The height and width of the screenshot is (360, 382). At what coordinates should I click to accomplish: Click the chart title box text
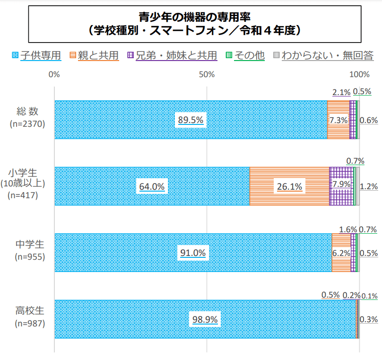194,24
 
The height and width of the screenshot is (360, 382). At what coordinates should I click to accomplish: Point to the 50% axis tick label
207,74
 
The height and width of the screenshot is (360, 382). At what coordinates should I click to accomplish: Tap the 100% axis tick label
362,74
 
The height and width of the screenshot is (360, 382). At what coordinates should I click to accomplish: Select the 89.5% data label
191,120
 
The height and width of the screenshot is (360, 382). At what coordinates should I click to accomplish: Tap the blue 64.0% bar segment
151,186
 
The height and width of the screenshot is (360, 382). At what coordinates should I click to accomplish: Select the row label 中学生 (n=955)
30,250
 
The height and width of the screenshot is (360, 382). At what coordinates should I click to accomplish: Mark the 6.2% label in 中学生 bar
341,253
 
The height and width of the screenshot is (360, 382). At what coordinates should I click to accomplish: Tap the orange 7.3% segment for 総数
338,120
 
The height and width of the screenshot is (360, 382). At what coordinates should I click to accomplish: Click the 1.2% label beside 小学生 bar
368,186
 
